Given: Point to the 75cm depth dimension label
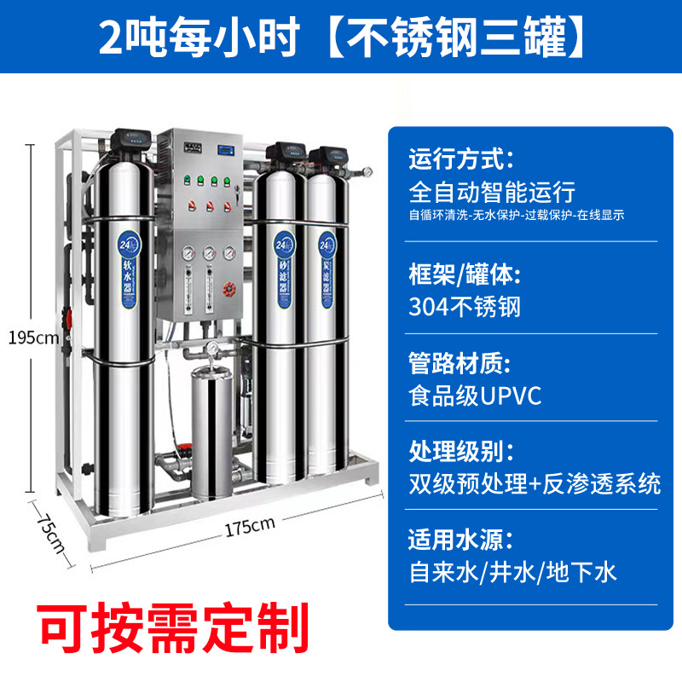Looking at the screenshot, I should click(x=49, y=532).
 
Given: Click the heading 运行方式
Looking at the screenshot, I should click(x=461, y=159).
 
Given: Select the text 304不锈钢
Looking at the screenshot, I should click(x=465, y=306).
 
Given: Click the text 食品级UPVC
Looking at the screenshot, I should click(x=475, y=396).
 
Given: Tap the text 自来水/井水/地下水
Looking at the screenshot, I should click(x=512, y=571).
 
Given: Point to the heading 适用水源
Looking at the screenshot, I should click(x=461, y=540).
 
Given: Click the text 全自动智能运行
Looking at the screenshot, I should click(x=492, y=190).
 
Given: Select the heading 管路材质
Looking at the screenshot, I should click(x=461, y=365).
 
